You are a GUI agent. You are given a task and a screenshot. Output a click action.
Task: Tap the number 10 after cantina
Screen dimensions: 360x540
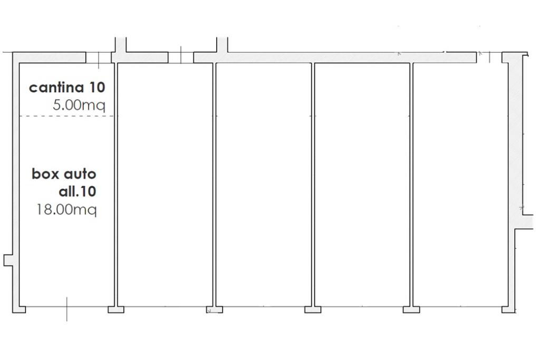point(97,87)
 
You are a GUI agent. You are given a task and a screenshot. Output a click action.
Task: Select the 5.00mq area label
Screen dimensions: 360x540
point(79,104)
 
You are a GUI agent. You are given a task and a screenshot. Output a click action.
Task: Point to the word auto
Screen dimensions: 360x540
point(80,173)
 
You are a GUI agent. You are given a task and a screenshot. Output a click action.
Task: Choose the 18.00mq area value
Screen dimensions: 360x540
point(66,209)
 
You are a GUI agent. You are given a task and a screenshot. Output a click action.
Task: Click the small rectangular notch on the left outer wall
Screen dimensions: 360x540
point(7,260)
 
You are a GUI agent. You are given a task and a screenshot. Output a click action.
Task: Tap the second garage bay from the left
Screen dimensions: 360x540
point(165,184)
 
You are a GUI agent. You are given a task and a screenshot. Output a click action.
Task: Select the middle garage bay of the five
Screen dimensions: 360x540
point(264,184)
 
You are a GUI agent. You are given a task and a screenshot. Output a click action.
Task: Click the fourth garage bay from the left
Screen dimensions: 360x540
point(362,184)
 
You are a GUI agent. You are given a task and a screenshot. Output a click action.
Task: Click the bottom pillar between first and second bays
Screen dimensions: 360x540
point(115,309)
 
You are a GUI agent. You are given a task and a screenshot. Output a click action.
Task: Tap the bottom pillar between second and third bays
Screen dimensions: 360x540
point(214,309)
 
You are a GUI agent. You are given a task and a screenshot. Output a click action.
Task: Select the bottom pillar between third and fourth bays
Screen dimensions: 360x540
point(313,309)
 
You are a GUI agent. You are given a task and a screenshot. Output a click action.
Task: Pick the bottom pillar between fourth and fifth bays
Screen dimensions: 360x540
point(411,309)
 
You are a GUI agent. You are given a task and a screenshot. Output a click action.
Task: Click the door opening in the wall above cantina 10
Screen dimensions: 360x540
point(99,57)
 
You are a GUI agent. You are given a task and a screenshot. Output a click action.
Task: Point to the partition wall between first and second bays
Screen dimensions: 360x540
point(115,184)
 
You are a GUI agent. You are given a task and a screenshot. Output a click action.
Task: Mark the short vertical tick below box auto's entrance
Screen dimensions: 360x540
point(66,309)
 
